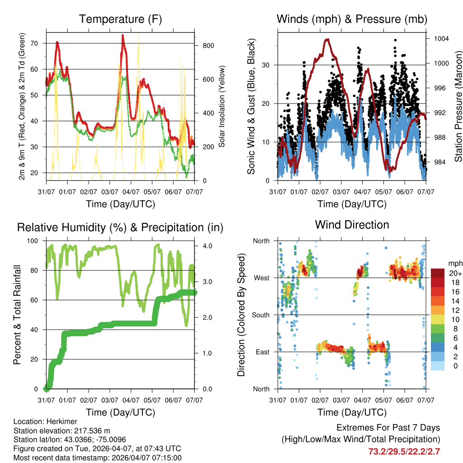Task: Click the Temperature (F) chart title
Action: pos(120,19)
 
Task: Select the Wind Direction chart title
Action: pos(352,225)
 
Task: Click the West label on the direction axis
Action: pos(261,278)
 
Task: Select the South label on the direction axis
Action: pos(260,315)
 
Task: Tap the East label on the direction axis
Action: pos(262,352)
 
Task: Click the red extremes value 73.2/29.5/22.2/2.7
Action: pos(404,451)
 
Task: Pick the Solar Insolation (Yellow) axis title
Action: pos(222,106)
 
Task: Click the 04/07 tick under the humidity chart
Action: pos(131,401)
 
